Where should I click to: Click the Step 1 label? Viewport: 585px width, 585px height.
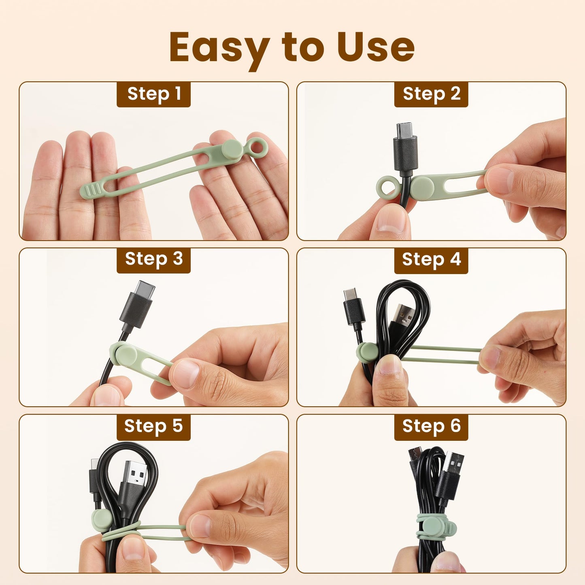click(x=153, y=94)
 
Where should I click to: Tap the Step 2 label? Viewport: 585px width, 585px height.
click(x=431, y=94)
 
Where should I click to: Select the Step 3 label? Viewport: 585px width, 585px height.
click(x=153, y=260)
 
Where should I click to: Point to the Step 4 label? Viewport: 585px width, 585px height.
click(x=431, y=260)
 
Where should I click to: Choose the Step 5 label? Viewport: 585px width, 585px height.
click(x=153, y=426)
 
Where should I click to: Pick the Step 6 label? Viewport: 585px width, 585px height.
click(x=431, y=426)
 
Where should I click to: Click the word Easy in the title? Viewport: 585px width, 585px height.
click(x=219, y=48)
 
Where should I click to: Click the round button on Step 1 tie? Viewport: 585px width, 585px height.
click(x=232, y=150)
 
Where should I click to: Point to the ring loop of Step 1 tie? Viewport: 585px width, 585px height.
click(x=257, y=148)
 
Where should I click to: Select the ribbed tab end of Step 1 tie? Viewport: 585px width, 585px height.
click(x=90, y=190)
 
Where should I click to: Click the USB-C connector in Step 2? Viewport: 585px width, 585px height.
click(x=405, y=147)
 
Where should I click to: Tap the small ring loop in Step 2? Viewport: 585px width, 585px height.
click(x=387, y=187)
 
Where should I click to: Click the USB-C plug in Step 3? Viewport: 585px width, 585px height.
click(x=138, y=304)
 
